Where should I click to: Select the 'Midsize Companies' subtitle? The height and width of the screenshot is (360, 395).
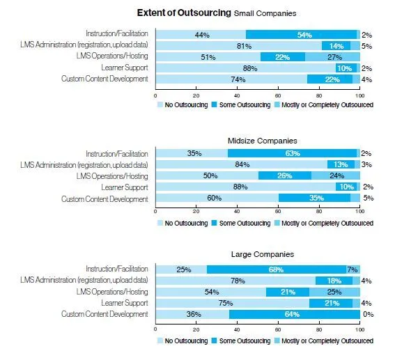256,141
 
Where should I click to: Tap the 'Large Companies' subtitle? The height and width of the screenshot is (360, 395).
256,256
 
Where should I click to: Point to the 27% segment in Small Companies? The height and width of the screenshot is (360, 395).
334,57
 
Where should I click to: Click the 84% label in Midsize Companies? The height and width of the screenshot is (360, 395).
240,164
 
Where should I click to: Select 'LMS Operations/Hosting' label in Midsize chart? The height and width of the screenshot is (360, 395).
113,175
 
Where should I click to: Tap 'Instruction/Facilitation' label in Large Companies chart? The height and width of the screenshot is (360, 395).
116,269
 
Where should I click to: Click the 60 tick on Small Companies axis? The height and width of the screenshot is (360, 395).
278,96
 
